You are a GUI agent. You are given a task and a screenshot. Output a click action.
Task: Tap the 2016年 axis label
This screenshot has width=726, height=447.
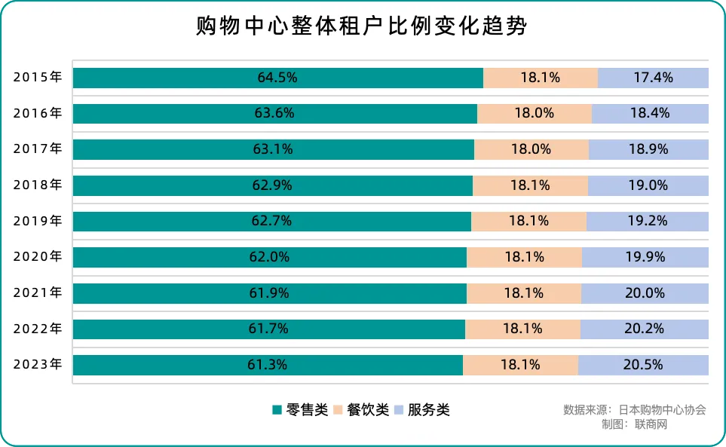point(38,113)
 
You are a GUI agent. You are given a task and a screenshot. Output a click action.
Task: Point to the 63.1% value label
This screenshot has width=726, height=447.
point(273,149)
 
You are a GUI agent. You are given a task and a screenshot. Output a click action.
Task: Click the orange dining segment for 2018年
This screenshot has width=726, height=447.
point(530,185)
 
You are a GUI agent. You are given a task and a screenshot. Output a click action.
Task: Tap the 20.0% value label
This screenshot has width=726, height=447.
point(645,293)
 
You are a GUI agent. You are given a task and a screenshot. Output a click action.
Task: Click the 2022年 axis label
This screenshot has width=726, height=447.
point(38,329)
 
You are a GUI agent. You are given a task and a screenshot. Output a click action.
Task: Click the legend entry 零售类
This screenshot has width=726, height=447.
point(299,410)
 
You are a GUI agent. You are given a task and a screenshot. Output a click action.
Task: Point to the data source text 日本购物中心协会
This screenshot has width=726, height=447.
point(662,410)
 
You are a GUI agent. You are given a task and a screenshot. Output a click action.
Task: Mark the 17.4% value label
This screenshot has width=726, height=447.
point(653,78)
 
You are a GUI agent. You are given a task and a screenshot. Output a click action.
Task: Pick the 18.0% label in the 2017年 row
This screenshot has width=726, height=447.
point(531,149)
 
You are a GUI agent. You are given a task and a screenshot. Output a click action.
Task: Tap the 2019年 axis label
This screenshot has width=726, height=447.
point(38,221)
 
